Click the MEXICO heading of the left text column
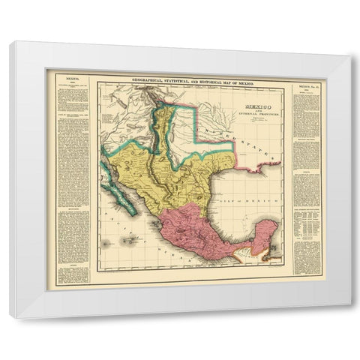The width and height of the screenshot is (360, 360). point(73,77)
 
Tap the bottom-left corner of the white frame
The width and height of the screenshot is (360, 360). point(10,317)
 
